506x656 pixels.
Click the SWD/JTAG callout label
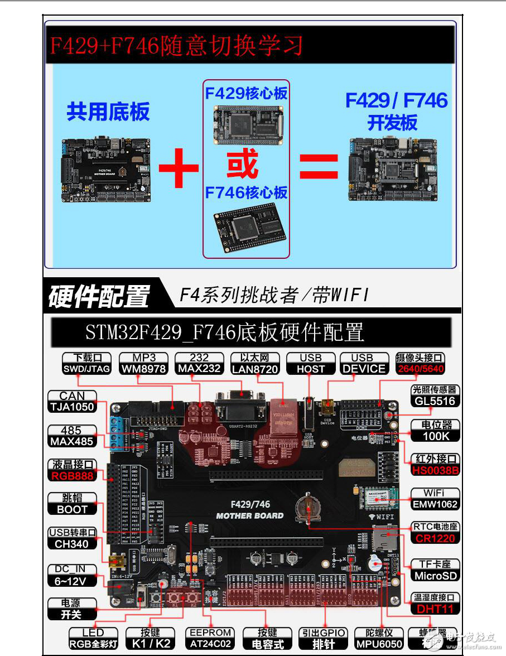87,369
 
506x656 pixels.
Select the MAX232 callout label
199,369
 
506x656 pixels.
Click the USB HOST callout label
311,369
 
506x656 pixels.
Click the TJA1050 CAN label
72,407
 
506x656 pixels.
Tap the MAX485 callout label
72,442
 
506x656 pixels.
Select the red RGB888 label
73,476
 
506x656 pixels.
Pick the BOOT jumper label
73,509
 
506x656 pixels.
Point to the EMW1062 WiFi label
435,504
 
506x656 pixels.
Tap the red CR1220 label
435,538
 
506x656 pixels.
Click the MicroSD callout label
435,576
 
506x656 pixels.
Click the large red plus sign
179,166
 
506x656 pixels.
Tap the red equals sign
319,166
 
